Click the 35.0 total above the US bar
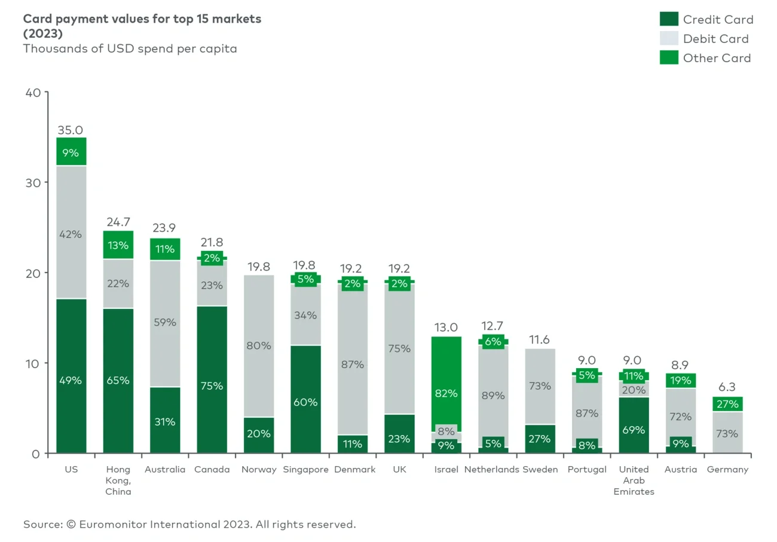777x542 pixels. [x=71, y=130]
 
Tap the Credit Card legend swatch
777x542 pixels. [x=669, y=19]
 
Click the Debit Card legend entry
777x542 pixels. [x=715, y=39]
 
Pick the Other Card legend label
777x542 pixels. [x=717, y=58]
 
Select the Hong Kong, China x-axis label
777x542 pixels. [x=118, y=480]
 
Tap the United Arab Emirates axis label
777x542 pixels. [x=634, y=480]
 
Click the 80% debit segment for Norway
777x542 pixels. [x=258, y=345]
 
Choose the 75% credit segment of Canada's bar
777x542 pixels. [x=212, y=385]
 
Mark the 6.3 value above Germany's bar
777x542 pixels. [x=727, y=387]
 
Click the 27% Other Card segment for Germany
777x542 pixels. [x=727, y=404]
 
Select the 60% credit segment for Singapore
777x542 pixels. [x=305, y=402]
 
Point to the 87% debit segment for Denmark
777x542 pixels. [x=352, y=364]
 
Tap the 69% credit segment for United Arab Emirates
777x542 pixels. [x=634, y=430]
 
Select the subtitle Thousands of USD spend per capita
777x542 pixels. [x=130, y=48]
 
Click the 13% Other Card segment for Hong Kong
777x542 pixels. [x=118, y=245]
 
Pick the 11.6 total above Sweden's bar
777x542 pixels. [x=539, y=340]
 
